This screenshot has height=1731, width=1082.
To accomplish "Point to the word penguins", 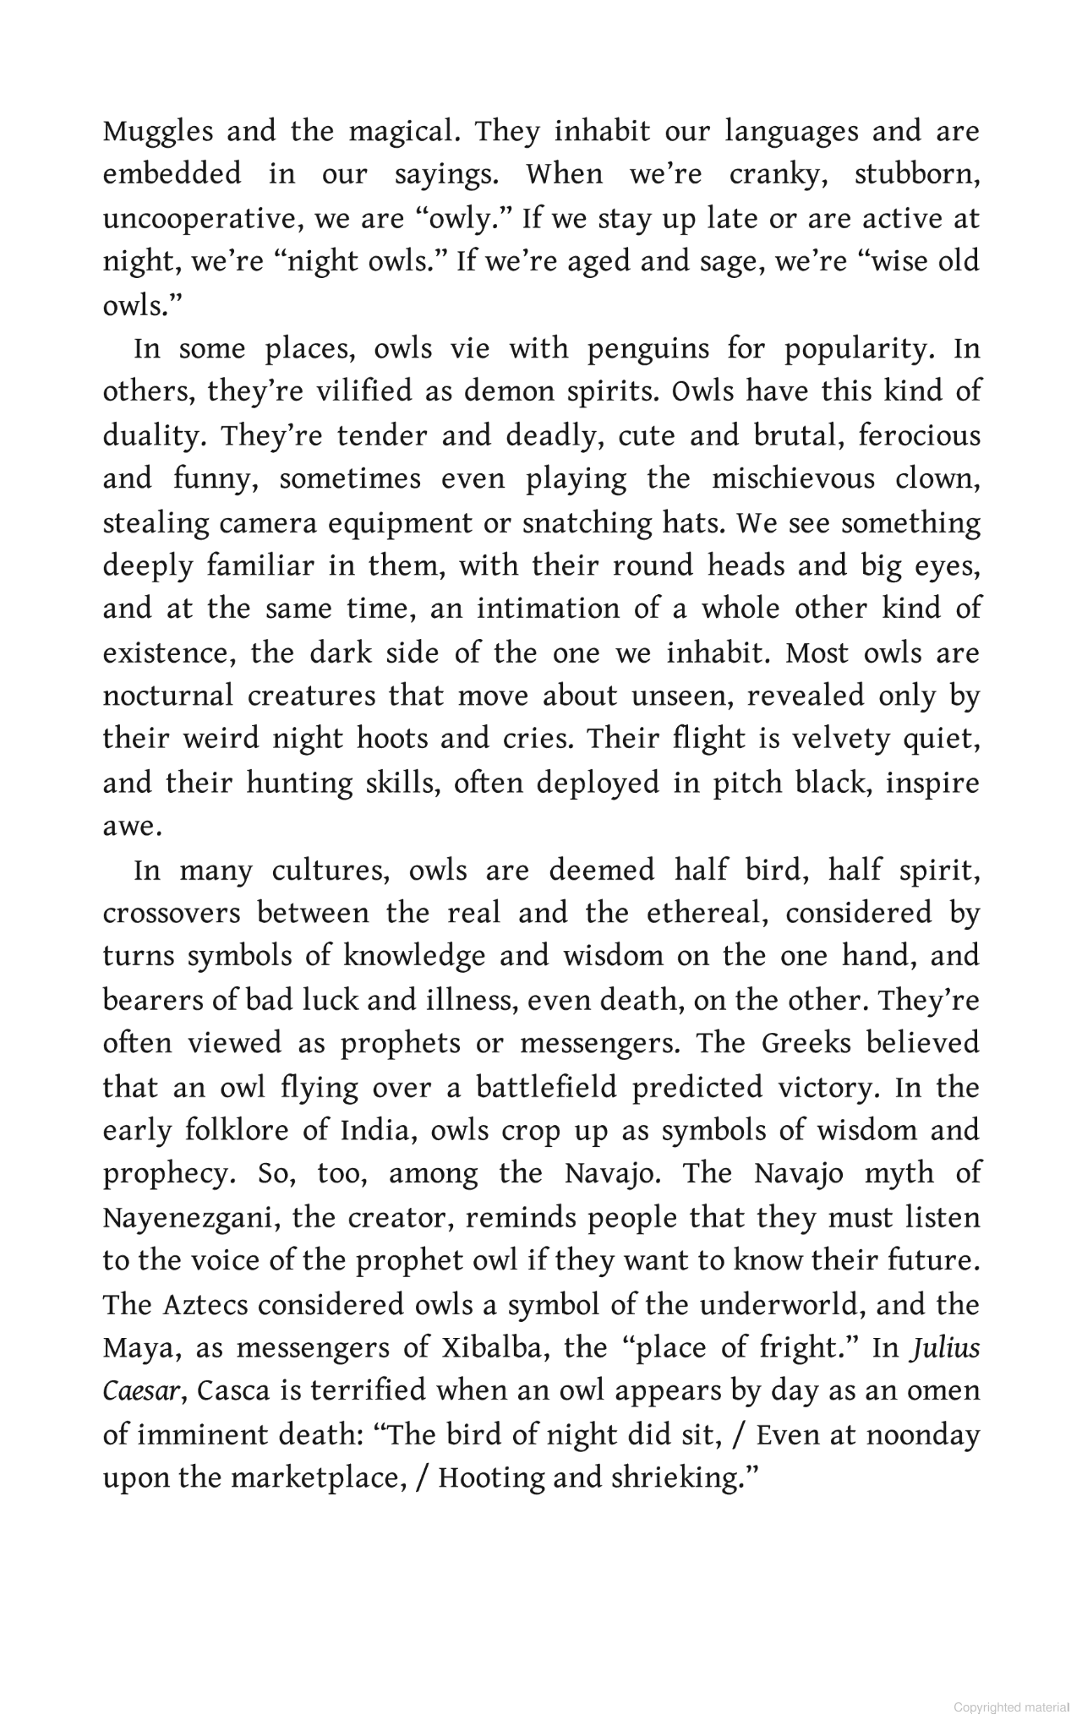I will (x=648, y=348).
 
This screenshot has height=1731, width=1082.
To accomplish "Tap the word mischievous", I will (x=793, y=479).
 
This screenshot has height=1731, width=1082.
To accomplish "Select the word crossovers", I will (x=172, y=914).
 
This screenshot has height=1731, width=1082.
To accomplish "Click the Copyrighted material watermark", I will (x=1011, y=1707).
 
